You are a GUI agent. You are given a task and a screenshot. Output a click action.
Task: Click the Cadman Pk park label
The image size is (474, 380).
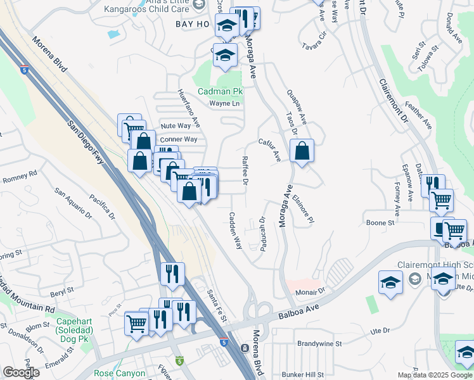pyautogui.click(x=220, y=91)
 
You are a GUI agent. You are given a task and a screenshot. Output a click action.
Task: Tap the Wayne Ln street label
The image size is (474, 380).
pyautogui.click(x=225, y=103)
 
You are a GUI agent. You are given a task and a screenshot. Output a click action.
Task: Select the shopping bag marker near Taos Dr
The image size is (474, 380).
pyautogui.click(x=302, y=151)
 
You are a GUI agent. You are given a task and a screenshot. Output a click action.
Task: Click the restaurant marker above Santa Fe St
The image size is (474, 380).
pyautogui.click(x=172, y=274)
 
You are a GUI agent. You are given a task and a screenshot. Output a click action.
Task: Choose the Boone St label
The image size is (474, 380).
pyautogui.click(x=380, y=223)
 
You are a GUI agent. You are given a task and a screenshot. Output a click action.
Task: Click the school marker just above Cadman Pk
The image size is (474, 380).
pyautogui.click(x=225, y=56)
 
